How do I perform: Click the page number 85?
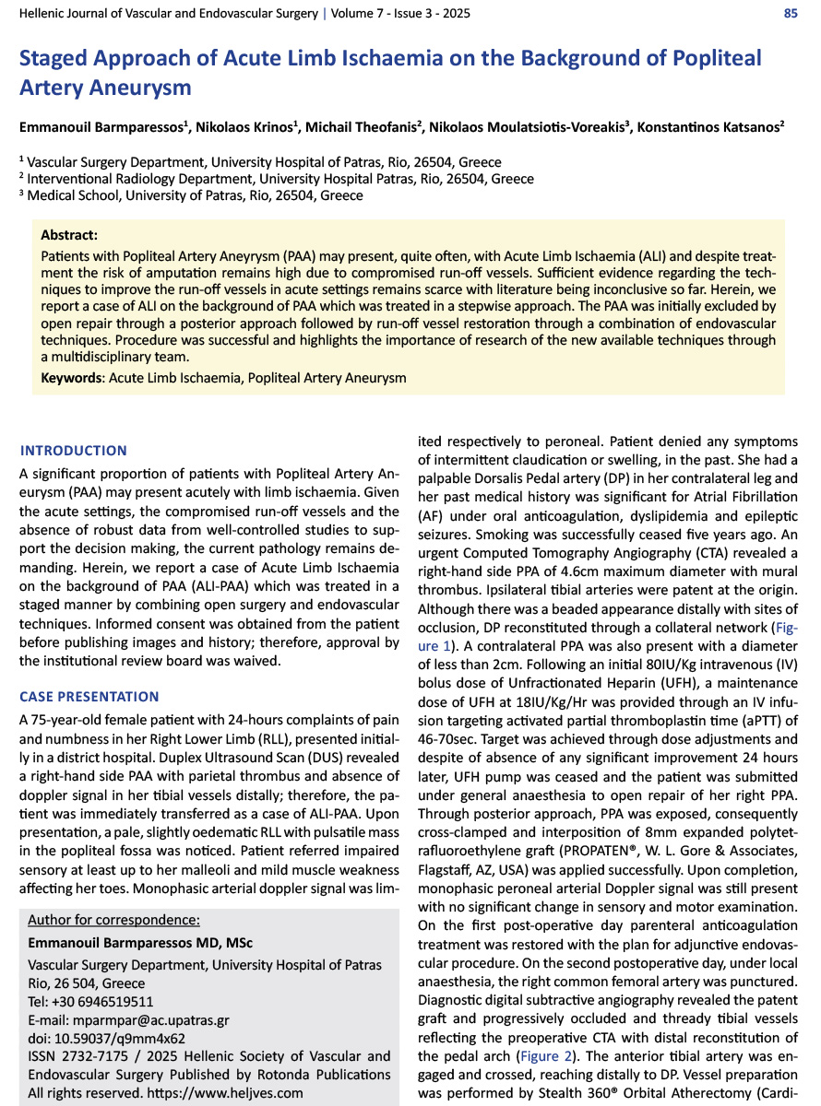(x=791, y=14)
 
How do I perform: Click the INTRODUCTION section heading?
(x=74, y=451)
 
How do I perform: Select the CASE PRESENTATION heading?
(x=89, y=697)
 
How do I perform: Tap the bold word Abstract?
(x=69, y=235)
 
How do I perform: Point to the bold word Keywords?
(x=72, y=377)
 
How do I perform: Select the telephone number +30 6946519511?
(x=102, y=1002)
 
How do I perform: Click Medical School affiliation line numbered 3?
(x=195, y=195)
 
